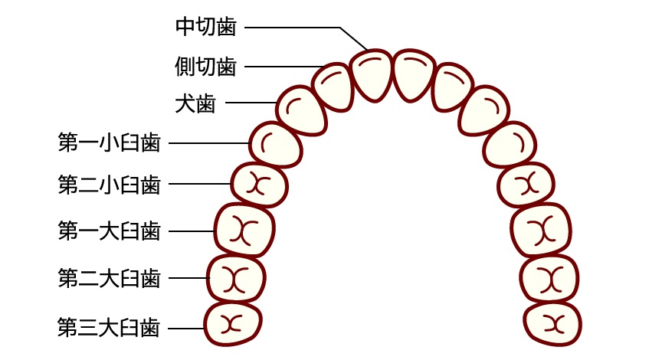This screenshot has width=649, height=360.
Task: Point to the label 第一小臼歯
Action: click(109, 142)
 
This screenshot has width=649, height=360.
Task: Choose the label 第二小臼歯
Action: click(109, 184)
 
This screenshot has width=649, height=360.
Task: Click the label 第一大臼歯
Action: click(109, 231)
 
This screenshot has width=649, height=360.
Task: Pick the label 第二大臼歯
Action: click(109, 277)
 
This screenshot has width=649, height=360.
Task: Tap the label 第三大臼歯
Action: click(109, 328)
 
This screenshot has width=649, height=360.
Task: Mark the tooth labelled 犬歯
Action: click(300, 110)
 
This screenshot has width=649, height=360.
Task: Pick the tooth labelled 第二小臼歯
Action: click(259, 185)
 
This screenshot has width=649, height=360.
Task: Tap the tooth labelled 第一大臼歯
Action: click(244, 230)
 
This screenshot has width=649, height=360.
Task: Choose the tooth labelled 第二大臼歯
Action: click(236, 278)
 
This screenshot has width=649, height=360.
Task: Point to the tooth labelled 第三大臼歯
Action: click(231, 324)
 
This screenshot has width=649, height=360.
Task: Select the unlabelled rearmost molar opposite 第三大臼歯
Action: click(554, 323)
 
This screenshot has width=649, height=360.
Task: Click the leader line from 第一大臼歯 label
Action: click(191, 231)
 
